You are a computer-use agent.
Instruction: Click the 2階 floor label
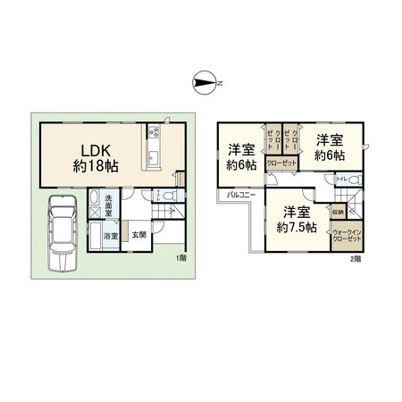pos(356,258)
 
